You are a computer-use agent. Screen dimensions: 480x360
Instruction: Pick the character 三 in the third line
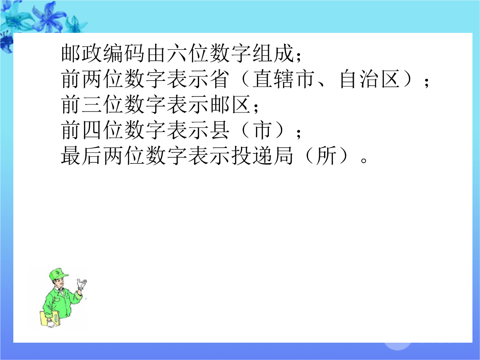pyautogui.click(x=92, y=105)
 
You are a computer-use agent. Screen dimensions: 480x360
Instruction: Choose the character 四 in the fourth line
pyautogui.click(x=92, y=130)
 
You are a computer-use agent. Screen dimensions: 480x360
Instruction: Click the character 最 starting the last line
pyautogui.click(x=71, y=156)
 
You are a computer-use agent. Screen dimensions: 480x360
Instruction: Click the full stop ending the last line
pyautogui.click(x=364, y=160)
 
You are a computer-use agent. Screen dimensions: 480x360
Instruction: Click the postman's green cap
pyautogui.click(x=58, y=274)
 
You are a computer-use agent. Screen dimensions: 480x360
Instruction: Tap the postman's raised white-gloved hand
pyautogui.click(x=81, y=284)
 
